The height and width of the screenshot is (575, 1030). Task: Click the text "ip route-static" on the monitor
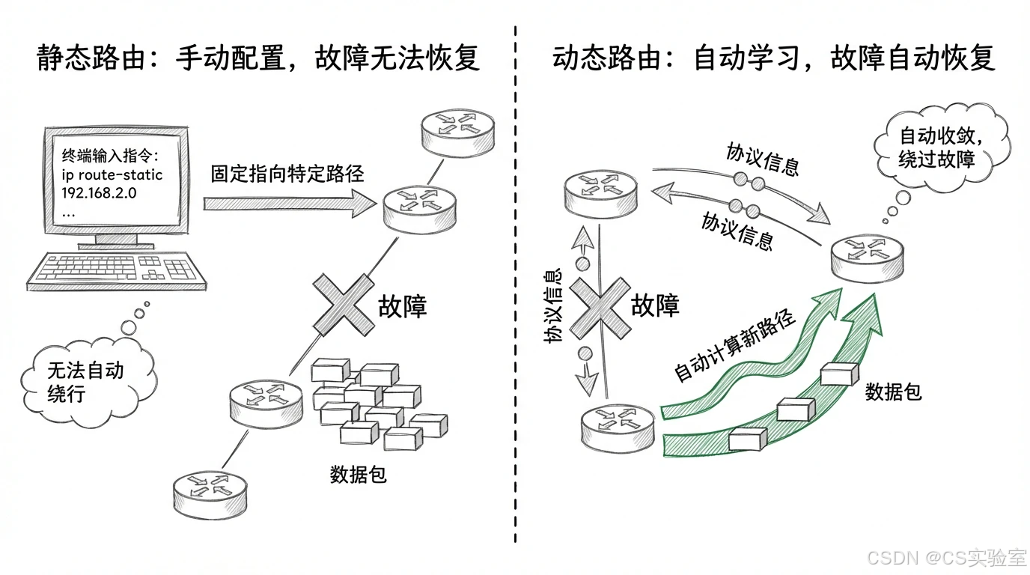point(112,175)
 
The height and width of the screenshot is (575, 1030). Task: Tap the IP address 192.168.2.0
point(104,192)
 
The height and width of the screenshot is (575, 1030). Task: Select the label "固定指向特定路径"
point(287,174)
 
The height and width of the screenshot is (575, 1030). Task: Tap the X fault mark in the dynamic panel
point(600,308)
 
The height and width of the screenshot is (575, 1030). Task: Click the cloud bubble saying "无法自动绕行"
point(85,381)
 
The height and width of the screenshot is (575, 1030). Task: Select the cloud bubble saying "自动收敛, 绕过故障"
point(939,147)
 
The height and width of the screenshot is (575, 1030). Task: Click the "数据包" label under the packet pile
point(358,474)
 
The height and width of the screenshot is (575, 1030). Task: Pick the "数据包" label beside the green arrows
point(893,391)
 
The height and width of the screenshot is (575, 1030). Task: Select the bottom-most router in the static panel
point(209,487)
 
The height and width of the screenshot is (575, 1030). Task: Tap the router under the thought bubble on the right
point(867,257)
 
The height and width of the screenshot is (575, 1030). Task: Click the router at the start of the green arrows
point(618,428)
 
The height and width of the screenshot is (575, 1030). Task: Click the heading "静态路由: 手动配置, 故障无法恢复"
point(258,58)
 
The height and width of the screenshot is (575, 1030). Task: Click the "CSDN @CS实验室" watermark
point(945,557)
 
